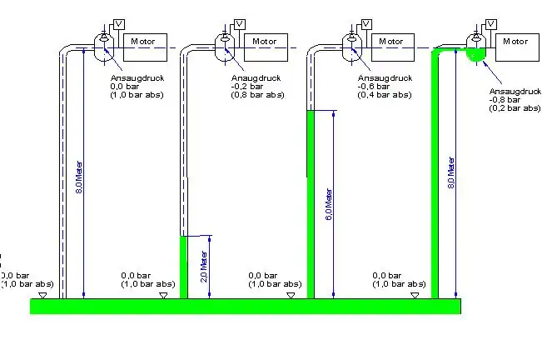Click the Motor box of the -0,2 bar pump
265,42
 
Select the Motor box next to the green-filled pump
515,42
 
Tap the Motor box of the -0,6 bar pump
391,42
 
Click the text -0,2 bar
246,87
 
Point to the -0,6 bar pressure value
372,87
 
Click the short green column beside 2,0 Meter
184,267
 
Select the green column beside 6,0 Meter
311,204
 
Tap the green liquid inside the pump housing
476,55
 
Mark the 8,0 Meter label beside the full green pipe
450,171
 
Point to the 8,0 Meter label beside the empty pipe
79,174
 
